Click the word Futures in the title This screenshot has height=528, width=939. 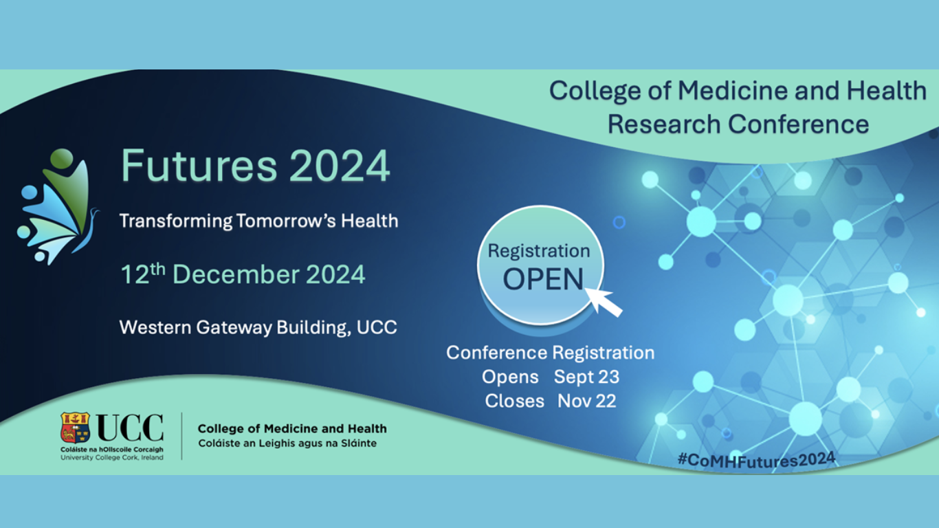click(x=199, y=166)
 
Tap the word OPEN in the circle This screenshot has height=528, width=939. click(x=543, y=279)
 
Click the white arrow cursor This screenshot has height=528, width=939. click(x=604, y=301)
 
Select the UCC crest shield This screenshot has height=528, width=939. click(x=75, y=428)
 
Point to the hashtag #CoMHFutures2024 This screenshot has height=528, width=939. click(x=756, y=460)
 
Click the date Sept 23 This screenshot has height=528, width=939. click(x=586, y=377)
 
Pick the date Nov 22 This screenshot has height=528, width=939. click(x=586, y=401)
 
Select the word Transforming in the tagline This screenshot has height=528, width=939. click(x=175, y=221)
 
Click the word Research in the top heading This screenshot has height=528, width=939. click(x=664, y=124)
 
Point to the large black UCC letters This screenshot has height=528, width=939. click(x=130, y=428)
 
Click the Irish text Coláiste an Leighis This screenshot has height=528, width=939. click(x=245, y=443)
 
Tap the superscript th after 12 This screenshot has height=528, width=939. click(x=157, y=269)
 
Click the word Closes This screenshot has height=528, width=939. click(x=514, y=401)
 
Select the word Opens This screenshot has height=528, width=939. click(x=510, y=377)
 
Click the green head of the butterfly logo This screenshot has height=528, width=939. click(x=62, y=159)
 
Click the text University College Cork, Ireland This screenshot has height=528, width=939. click(x=112, y=458)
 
